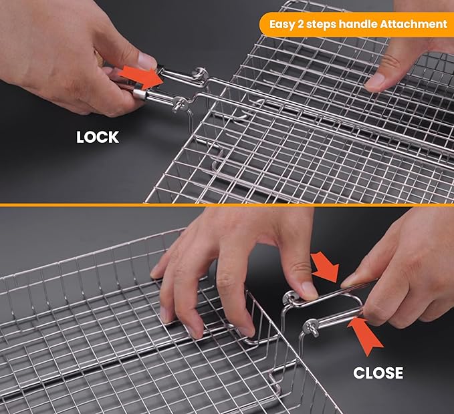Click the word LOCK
[x=98, y=137]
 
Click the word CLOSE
[x=378, y=373]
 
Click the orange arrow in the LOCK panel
[x=141, y=77]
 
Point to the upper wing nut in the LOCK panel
[x=201, y=73]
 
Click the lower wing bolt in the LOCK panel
[x=180, y=104]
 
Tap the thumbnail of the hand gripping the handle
[x=146, y=61]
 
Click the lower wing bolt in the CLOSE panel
[x=312, y=328]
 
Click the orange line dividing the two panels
[x=227, y=205]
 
